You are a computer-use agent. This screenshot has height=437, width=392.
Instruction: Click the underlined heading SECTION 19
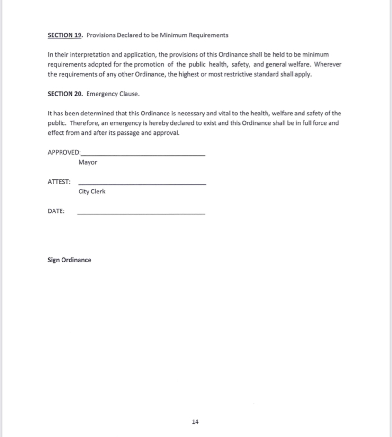tap(65, 35)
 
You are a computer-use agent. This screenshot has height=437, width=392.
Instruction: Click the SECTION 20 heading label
tap(65, 94)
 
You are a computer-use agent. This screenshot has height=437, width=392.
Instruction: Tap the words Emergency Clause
tap(113, 94)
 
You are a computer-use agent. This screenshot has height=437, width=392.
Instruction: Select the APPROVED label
tap(64, 152)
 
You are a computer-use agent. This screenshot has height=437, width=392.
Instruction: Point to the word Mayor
tap(88, 163)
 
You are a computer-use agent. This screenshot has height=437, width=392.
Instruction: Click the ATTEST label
tap(59, 182)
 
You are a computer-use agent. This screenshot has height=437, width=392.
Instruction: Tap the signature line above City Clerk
tap(142, 184)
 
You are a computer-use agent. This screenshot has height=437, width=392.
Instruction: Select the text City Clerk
tap(92, 192)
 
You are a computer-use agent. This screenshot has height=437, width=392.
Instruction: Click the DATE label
tap(56, 211)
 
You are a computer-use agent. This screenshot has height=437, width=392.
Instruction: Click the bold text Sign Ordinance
tap(69, 260)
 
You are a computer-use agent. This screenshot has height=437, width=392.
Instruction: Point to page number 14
tap(196, 421)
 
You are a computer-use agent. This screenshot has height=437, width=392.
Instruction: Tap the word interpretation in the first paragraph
tap(85, 55)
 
